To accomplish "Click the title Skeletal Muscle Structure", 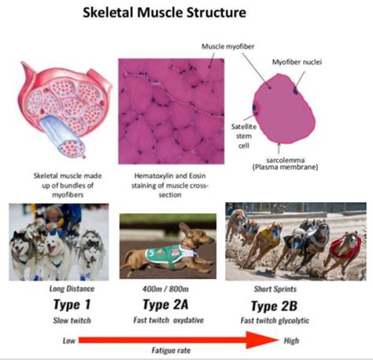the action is pyautogui.click(x=164, y=13).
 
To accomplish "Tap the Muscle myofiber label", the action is pyautogui.click(x=228, y=46).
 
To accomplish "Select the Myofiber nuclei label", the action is pyautogui.click(x=297, y=62).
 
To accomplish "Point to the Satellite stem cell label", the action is pyautogui.click(x=244, y=136).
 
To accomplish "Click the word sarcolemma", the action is pyautogui.click(x=286, y=160).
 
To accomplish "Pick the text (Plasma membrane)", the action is pyautogui.click(x=285, y=167).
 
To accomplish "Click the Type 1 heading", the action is pyautogui.click(x=72, y=304).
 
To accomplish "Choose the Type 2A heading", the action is pyautogui.click(x=165, y=304).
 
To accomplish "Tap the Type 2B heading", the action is pyautogui.click(x=274, y=306).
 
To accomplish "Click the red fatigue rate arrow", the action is pyautogui.click(x=179, y=340).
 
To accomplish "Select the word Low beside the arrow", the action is pyautogui.click(x=69, y=341).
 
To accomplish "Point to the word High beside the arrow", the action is pyautogui.click(x=291, y=341).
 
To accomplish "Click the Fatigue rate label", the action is pyautogui.click(x=171, y=351).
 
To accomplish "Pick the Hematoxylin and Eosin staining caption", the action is pyautogui.click(x=170, y=186).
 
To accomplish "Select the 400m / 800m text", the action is pyautogui.click(x=165, y=289).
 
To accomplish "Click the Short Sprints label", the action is pyautogui.click(x=275, y=289).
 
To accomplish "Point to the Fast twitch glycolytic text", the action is pyautogui.click(x=275, y=321).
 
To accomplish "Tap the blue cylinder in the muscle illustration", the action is pyautogui.click(x=61, y=136).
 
